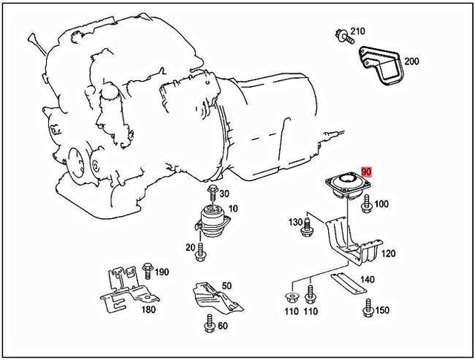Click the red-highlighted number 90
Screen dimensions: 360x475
tap(366, 171)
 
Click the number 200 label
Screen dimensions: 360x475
tap(412, 61)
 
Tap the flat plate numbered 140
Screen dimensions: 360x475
tap(349, 281)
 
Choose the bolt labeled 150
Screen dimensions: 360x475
tap(366, 308)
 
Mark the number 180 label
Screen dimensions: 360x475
tap(148, 310)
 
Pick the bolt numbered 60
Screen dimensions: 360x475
tap(206, 324)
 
